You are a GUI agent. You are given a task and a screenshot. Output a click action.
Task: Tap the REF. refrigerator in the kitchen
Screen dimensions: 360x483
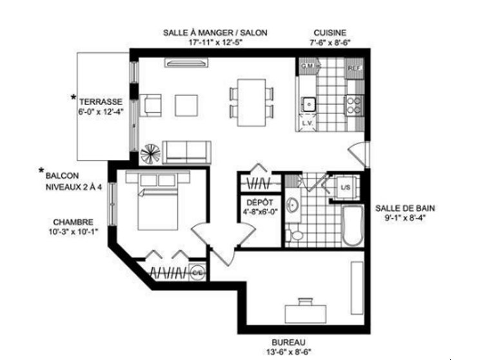click(x=354, y=67)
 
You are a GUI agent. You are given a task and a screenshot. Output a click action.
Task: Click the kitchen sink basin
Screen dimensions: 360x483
click(x=309, y=102)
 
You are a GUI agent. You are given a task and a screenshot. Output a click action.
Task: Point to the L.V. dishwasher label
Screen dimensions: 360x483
click(x=308, y=123)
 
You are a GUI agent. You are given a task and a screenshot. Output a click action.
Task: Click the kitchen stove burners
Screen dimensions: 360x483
click(x=354, y=104)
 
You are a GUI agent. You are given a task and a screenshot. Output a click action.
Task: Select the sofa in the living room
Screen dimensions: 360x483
click(x=186, y=151)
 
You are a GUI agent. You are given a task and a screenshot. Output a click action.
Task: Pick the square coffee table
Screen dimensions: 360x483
click(x=188, y=105)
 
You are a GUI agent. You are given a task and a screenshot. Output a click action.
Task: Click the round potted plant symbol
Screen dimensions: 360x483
click(x=150, y=154)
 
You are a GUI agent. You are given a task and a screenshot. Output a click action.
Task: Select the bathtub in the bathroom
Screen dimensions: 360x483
click(x=353, y=226)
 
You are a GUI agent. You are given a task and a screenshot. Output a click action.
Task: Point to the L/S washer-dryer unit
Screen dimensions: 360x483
click(x=345, y=188)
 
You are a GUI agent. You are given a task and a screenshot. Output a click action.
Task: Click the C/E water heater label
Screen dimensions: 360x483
click(x=198, y=273)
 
